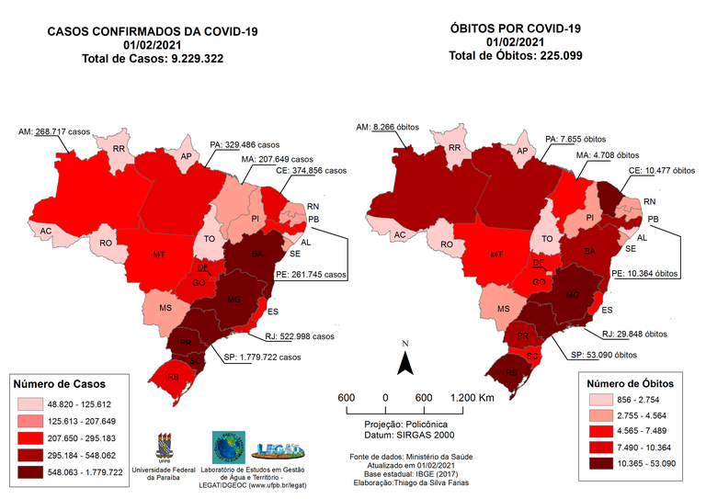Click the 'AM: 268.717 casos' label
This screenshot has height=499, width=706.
[x=58, y=132]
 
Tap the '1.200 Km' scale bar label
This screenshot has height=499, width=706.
[x=474, y=397]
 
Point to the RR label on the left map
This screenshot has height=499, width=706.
[x=119, y=149]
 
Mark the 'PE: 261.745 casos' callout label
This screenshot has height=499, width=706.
[x=312, y=274]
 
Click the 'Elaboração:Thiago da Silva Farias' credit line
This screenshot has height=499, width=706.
[x=416, y=482]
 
